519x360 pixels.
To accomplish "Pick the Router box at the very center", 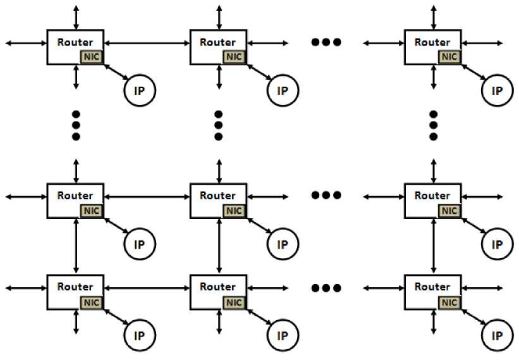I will pos(219,196).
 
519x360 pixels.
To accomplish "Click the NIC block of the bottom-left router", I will pos(91,302).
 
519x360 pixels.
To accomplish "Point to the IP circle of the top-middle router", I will pos(283,90).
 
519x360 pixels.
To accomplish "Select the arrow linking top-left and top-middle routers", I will pos(147,42).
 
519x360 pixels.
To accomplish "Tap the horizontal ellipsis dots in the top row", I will pos(326,42).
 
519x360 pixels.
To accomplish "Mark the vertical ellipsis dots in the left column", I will pos(76,125).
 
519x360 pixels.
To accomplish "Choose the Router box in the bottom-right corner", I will pos(433,287).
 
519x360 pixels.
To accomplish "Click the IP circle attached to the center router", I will pos(283,244).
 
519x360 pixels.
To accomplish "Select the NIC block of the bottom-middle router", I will pos(234,302).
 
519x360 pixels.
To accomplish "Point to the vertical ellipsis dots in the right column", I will pos(433,125).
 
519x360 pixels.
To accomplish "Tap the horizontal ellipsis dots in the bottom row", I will pos(326,288).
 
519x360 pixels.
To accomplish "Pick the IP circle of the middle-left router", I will pos(139,244).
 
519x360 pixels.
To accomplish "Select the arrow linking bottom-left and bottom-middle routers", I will pos(147,288).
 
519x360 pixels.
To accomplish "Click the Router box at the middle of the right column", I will pos(433,196).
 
